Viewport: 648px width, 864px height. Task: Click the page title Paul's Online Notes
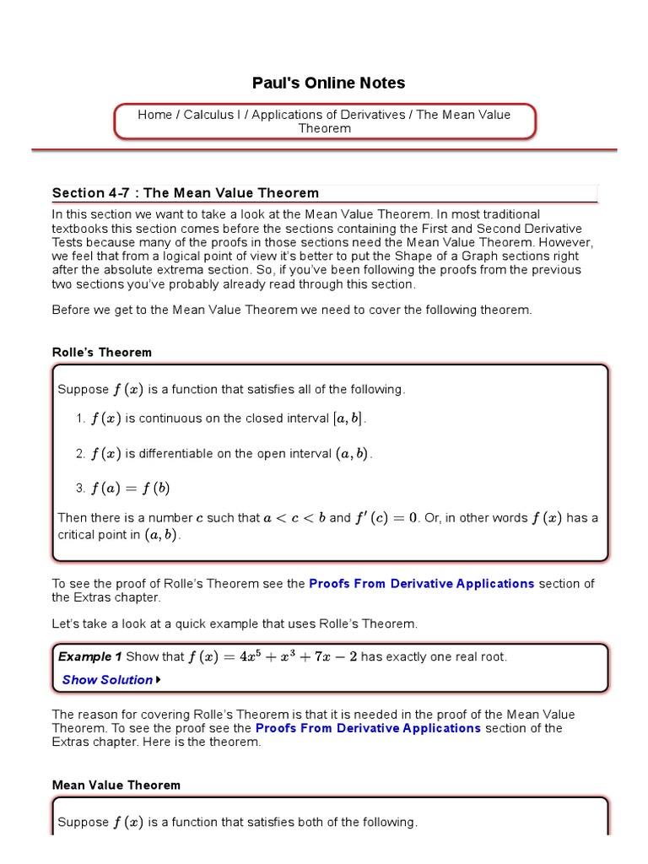328,83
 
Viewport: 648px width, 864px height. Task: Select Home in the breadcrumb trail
154,115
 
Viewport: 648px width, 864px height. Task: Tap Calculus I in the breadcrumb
211,115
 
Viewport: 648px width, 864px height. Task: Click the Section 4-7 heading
186,193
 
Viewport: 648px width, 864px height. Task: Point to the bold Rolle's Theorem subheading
102,352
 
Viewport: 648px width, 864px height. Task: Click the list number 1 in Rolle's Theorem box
79,418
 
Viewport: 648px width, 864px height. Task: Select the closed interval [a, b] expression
350,418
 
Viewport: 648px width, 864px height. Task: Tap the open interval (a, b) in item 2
352,454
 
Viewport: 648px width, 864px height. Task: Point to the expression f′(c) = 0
385,518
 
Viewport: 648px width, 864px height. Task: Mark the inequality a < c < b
294,518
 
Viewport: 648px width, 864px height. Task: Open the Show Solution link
107,680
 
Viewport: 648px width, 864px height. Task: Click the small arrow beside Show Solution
159,680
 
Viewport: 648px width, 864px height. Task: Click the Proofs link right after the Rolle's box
421,583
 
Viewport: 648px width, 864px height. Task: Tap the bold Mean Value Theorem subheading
116,785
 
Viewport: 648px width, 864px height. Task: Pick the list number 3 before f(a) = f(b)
79,489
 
